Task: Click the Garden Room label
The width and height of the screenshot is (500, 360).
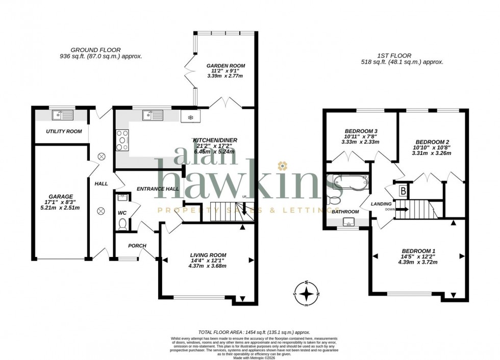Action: coord(226,66)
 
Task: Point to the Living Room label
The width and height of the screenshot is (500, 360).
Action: coord(208,255)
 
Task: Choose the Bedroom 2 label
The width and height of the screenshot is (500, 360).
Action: coord(432,142)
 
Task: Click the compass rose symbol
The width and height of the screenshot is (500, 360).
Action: coord(306,294)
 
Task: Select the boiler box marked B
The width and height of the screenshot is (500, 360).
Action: coord(403,190)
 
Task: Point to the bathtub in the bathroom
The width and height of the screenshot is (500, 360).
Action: coord(349,181)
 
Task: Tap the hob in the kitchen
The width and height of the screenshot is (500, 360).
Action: coord(123,140)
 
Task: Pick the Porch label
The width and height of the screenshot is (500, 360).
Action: coord(137,246)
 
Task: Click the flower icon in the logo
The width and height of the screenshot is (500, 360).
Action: coord(282,165)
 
